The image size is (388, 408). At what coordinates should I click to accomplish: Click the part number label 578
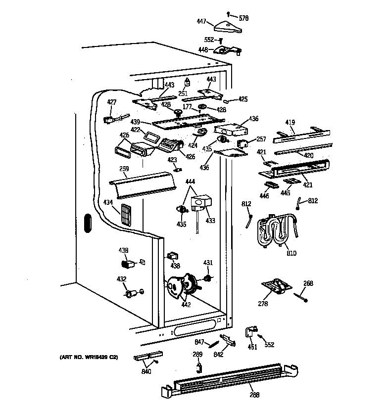pyautogui.click(x=243, y=18)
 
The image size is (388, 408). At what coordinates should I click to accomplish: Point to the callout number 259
pyautogui.click(x=124, y=169)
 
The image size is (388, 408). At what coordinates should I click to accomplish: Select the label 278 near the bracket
pyautogui.click(x=262, y=304)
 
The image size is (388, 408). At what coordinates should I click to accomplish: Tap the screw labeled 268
pyautogui.click(x=301, y=297)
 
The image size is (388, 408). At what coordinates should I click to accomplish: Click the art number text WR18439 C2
pyautogui.click(x=87, y=357)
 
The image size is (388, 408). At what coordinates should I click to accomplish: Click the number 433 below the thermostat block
pyautogui.click(x=210, y=221)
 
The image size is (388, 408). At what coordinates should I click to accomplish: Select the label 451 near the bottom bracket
pyautogui.click(x=252, y=347)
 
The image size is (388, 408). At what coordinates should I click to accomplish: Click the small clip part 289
pyautogui.click(x=199, y=366)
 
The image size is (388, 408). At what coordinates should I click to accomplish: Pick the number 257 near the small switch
pyautogui.click(x=261, y=140)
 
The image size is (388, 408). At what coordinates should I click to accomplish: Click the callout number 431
pyautogui.click(x=208, y=263)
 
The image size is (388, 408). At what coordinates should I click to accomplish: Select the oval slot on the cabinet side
pyautogui.click(x=87, y=223)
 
